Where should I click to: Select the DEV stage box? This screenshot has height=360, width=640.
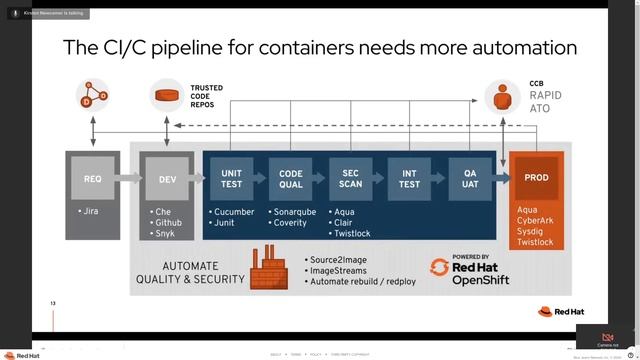point(166,179)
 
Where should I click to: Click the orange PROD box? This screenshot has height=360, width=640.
point(536,178)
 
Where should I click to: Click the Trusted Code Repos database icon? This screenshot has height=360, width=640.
point(167,97)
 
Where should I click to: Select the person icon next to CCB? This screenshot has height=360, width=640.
point(504,96)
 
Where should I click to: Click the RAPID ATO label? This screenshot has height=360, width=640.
point(546,101)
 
